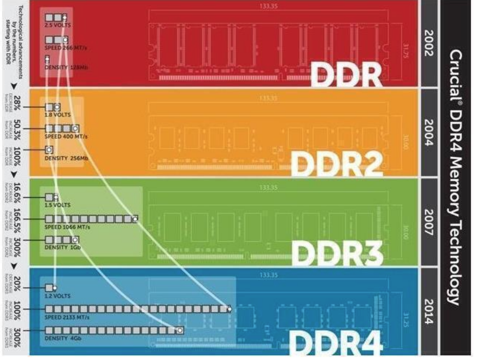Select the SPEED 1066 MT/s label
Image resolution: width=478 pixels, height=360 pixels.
pos(67,227)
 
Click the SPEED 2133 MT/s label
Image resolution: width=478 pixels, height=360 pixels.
pos(67,317)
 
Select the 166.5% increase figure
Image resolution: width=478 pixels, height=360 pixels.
pos(17,218)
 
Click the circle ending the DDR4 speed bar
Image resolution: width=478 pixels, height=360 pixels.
pos(229,309)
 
